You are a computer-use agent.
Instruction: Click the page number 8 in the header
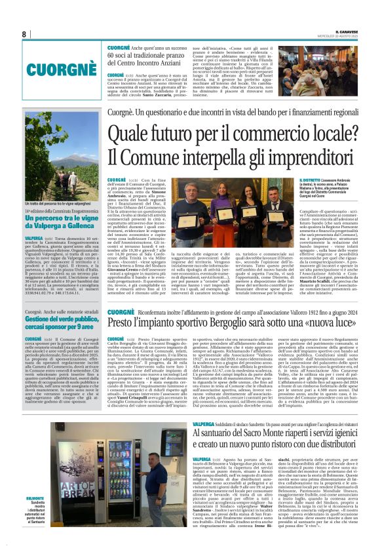coord(24,34)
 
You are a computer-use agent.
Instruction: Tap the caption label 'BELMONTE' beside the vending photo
coord(54,516)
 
